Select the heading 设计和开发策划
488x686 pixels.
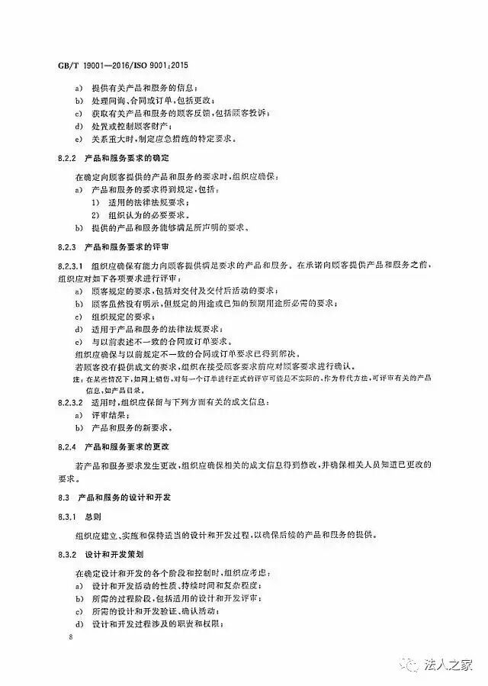113,552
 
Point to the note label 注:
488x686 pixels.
77,379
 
